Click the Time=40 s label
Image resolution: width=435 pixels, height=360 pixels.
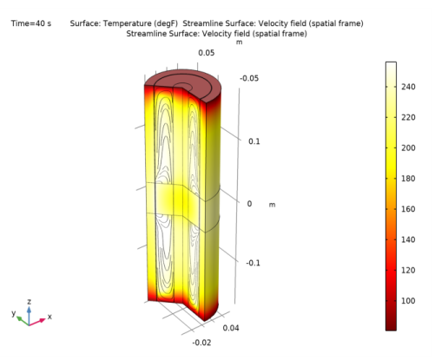click(31, 23)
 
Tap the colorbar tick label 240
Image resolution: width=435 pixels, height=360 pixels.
click(408, 87)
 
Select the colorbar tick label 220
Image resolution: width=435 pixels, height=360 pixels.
click(408, 117)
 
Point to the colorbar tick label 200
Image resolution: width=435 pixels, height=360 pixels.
click(408, 148)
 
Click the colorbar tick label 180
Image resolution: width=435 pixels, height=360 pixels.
click(408, 179)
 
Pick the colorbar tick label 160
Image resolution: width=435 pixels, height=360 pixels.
click(408, 209)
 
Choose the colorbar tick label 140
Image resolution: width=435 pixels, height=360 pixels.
click(408, 239)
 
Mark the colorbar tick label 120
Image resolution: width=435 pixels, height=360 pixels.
click(408, 271)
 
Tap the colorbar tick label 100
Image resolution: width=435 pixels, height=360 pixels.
click(408, 301)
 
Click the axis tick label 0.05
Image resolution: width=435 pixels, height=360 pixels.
click(207, 53)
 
